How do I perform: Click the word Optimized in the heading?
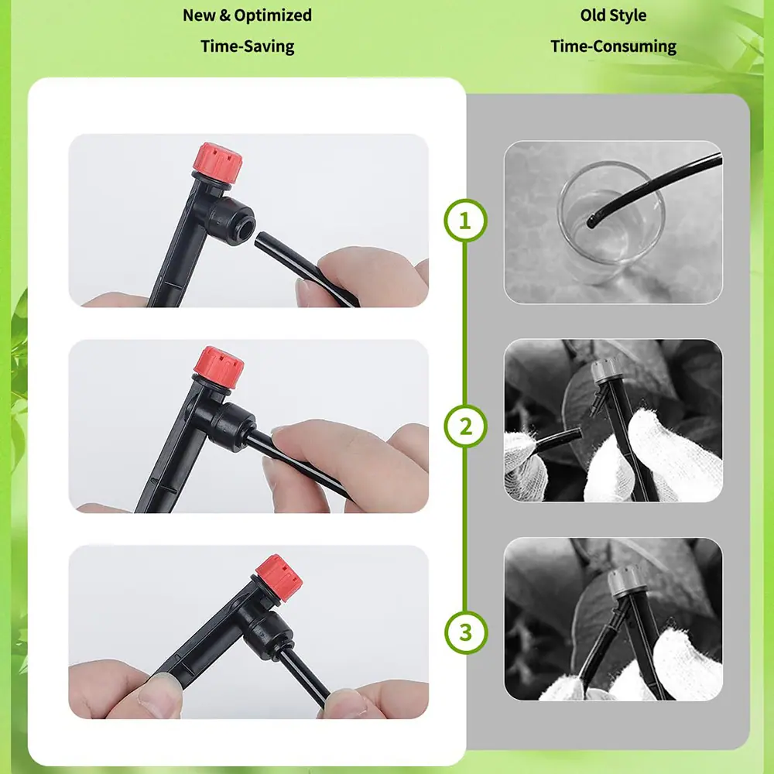tap(272, 15)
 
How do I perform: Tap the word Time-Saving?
tap(248, 46)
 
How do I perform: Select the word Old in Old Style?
tap(592, 15)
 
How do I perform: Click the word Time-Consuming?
tap(613, 46)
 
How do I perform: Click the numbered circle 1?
tap(465, 220)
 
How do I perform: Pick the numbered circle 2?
tap(465, 426)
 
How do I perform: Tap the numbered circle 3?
tap(465, 632)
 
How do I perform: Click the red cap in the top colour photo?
tap(217, 163)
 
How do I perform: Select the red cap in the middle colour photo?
tap(219, 368)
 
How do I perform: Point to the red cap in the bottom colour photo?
tap(279, 577)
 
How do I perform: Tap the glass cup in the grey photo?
tap(611, 222)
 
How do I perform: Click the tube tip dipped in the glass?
tap(591, 221)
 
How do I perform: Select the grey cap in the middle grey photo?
tap(605, 370)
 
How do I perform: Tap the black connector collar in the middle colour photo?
tap(234, 427)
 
